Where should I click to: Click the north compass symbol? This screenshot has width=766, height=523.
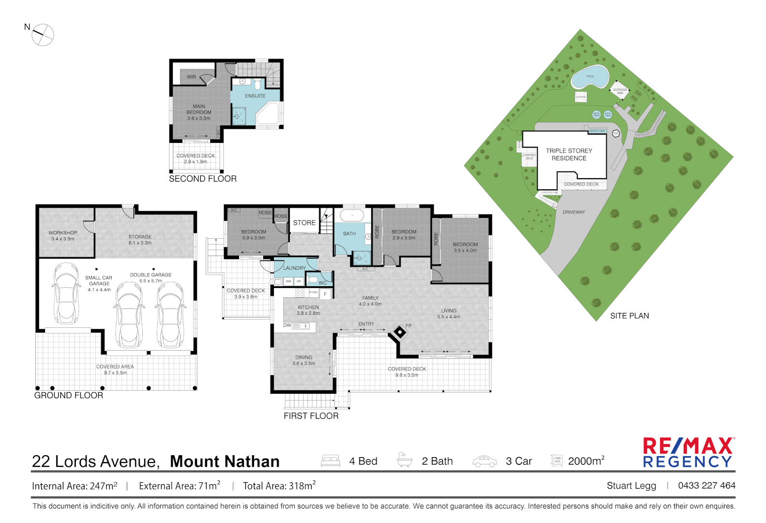click(x=43, y=35)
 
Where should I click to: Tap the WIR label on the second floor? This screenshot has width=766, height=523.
click(x=192, y=77)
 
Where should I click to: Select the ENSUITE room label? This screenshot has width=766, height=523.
click(x=255, y=96)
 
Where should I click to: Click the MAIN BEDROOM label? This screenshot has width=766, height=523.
click(x=199, y=112)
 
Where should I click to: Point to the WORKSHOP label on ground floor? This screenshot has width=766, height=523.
click(x=62, y=235)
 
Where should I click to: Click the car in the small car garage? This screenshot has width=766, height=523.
click(x=66, y=293)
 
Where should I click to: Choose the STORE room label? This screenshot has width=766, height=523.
click(x=304, y=223)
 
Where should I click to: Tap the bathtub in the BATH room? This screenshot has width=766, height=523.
click(x=352, y=215)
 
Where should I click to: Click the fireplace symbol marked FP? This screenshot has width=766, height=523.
click(x=400, y=332)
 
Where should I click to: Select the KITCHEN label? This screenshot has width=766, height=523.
click(x=308, y=310)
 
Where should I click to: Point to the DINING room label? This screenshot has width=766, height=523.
click(x=304, y=360)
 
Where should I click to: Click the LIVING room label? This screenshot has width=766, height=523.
click(x=449, y=313)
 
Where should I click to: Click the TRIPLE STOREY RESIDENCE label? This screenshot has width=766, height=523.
click(x=569, y=154)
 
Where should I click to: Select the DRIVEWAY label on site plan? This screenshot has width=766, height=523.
click(x=573, y=212)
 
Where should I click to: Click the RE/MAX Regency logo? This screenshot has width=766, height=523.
click(x=688, y=452)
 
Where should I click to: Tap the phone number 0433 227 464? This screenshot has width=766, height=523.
click(x=706, y=485)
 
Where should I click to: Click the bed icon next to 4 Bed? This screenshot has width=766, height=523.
click(x=330, y=461)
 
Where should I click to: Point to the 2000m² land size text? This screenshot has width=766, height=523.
click(x=586, y=461)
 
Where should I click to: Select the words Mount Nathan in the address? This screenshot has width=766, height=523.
click(x=225, y=461)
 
